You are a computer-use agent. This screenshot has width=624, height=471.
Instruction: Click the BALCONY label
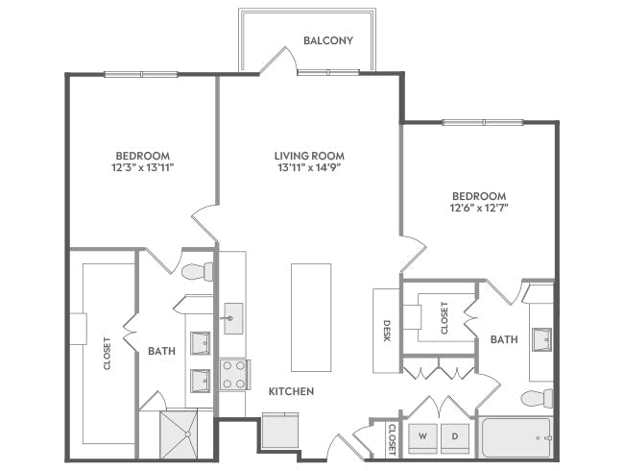327,41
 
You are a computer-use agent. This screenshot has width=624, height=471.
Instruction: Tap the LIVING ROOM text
308,156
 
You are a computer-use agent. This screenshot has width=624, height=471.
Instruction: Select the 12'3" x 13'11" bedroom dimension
143,167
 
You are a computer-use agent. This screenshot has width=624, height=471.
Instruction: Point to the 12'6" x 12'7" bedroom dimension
478,207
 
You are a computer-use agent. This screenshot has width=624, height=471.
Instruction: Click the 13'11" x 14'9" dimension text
308,167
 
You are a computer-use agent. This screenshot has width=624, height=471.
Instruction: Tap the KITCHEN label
291,391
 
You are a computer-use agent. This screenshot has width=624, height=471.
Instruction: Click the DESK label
387,331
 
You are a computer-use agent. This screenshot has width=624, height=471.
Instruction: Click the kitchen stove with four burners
233,374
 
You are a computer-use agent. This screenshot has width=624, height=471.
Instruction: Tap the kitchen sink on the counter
232,317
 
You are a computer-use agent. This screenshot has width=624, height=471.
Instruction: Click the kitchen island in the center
311,317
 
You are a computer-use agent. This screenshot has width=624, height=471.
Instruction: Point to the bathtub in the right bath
516,438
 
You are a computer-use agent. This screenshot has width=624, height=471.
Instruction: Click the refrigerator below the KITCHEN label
280,429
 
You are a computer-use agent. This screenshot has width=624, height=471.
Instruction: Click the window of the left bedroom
141,74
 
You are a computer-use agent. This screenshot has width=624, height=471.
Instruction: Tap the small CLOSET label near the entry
392,438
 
